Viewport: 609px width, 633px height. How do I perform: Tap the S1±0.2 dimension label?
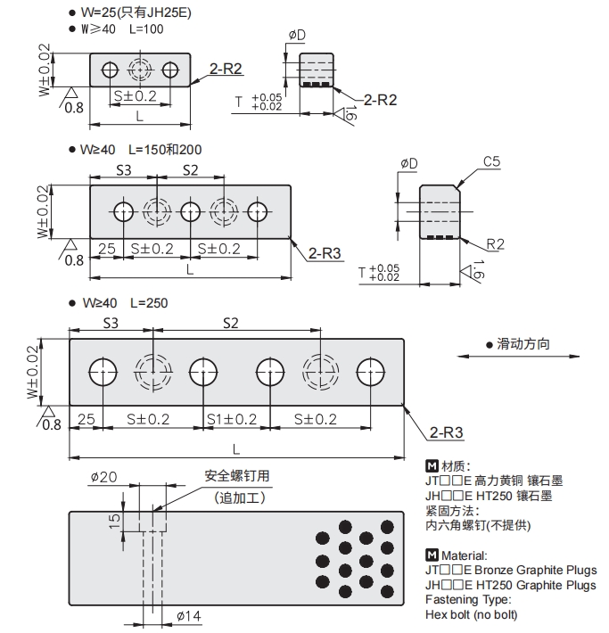click(x=232, y=419)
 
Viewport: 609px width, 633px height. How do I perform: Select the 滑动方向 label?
click(x=523, y=342)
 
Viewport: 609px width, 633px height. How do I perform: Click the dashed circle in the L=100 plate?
click(x=140, y=70)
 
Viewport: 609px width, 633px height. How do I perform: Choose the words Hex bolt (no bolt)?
click(x=472, y=614)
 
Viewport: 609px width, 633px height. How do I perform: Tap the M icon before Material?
click(x=432, y=555)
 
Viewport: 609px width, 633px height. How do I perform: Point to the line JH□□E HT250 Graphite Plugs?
click(x=511, y=585)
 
